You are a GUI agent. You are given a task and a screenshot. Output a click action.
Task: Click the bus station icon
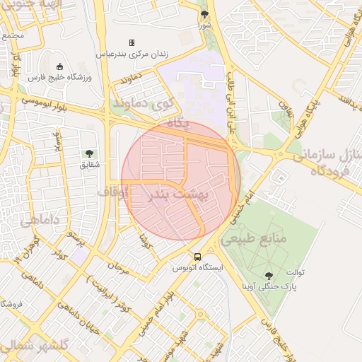197,257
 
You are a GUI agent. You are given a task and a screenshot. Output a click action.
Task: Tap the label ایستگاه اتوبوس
198,269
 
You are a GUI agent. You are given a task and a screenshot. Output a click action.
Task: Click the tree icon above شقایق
89,153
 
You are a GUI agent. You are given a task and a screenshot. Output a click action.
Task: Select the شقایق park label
89,165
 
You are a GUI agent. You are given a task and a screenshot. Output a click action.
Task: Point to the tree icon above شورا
204,14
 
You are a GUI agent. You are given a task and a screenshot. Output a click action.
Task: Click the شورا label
204,25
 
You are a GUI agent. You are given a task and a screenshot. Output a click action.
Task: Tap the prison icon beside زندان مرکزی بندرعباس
131,43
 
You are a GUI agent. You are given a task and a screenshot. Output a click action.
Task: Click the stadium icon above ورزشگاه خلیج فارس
59,66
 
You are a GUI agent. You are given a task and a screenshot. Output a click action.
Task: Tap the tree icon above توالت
268,275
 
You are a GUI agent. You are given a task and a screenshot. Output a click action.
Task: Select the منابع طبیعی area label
254,239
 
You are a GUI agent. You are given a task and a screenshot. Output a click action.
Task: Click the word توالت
296,272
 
